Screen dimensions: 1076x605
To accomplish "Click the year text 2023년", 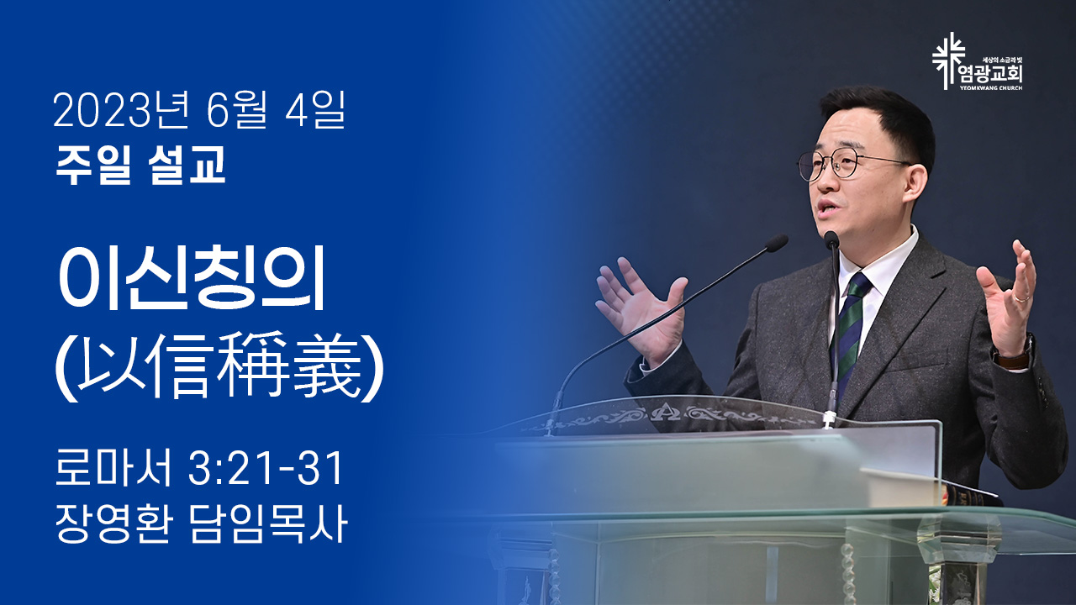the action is (120, 109).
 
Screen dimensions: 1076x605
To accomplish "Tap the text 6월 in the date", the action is (236, 109).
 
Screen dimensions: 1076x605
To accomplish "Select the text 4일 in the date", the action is (314, 109).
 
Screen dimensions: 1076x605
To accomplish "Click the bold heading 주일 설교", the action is (140, 165).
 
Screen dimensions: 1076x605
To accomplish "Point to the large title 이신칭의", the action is (192, 278).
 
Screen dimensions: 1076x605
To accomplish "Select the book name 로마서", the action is (113, 468).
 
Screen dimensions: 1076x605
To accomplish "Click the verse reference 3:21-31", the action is (265, 468).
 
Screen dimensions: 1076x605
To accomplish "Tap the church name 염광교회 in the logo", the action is (990, 75).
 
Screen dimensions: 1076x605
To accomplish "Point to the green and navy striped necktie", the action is (850, 331).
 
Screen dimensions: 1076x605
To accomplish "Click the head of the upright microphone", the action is (831, 240).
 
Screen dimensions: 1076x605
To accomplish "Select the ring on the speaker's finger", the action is (1022, 298).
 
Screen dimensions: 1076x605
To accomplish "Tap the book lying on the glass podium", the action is (930, 487).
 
